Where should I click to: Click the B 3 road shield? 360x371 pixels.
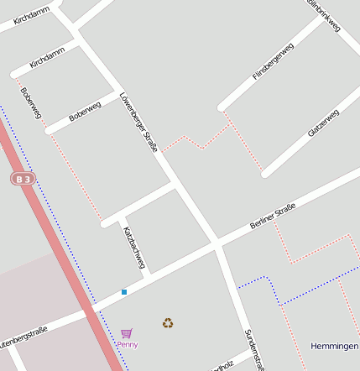tap(24, 179)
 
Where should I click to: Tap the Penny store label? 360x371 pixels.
tap(128, 344)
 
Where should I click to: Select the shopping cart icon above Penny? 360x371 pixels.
tap(126, 333)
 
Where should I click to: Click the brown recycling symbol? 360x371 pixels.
tap(168, 322)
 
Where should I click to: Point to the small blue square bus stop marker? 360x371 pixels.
tap(124, 291)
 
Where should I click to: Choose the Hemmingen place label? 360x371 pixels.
tap(334, 346)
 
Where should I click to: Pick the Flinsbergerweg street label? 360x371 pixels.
tap(274, 62)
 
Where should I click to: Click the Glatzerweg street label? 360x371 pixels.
tap(323, 123)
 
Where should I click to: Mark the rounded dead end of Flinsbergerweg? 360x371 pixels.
tap(222, 107)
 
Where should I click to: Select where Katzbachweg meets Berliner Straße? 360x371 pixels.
tap(148, 273)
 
